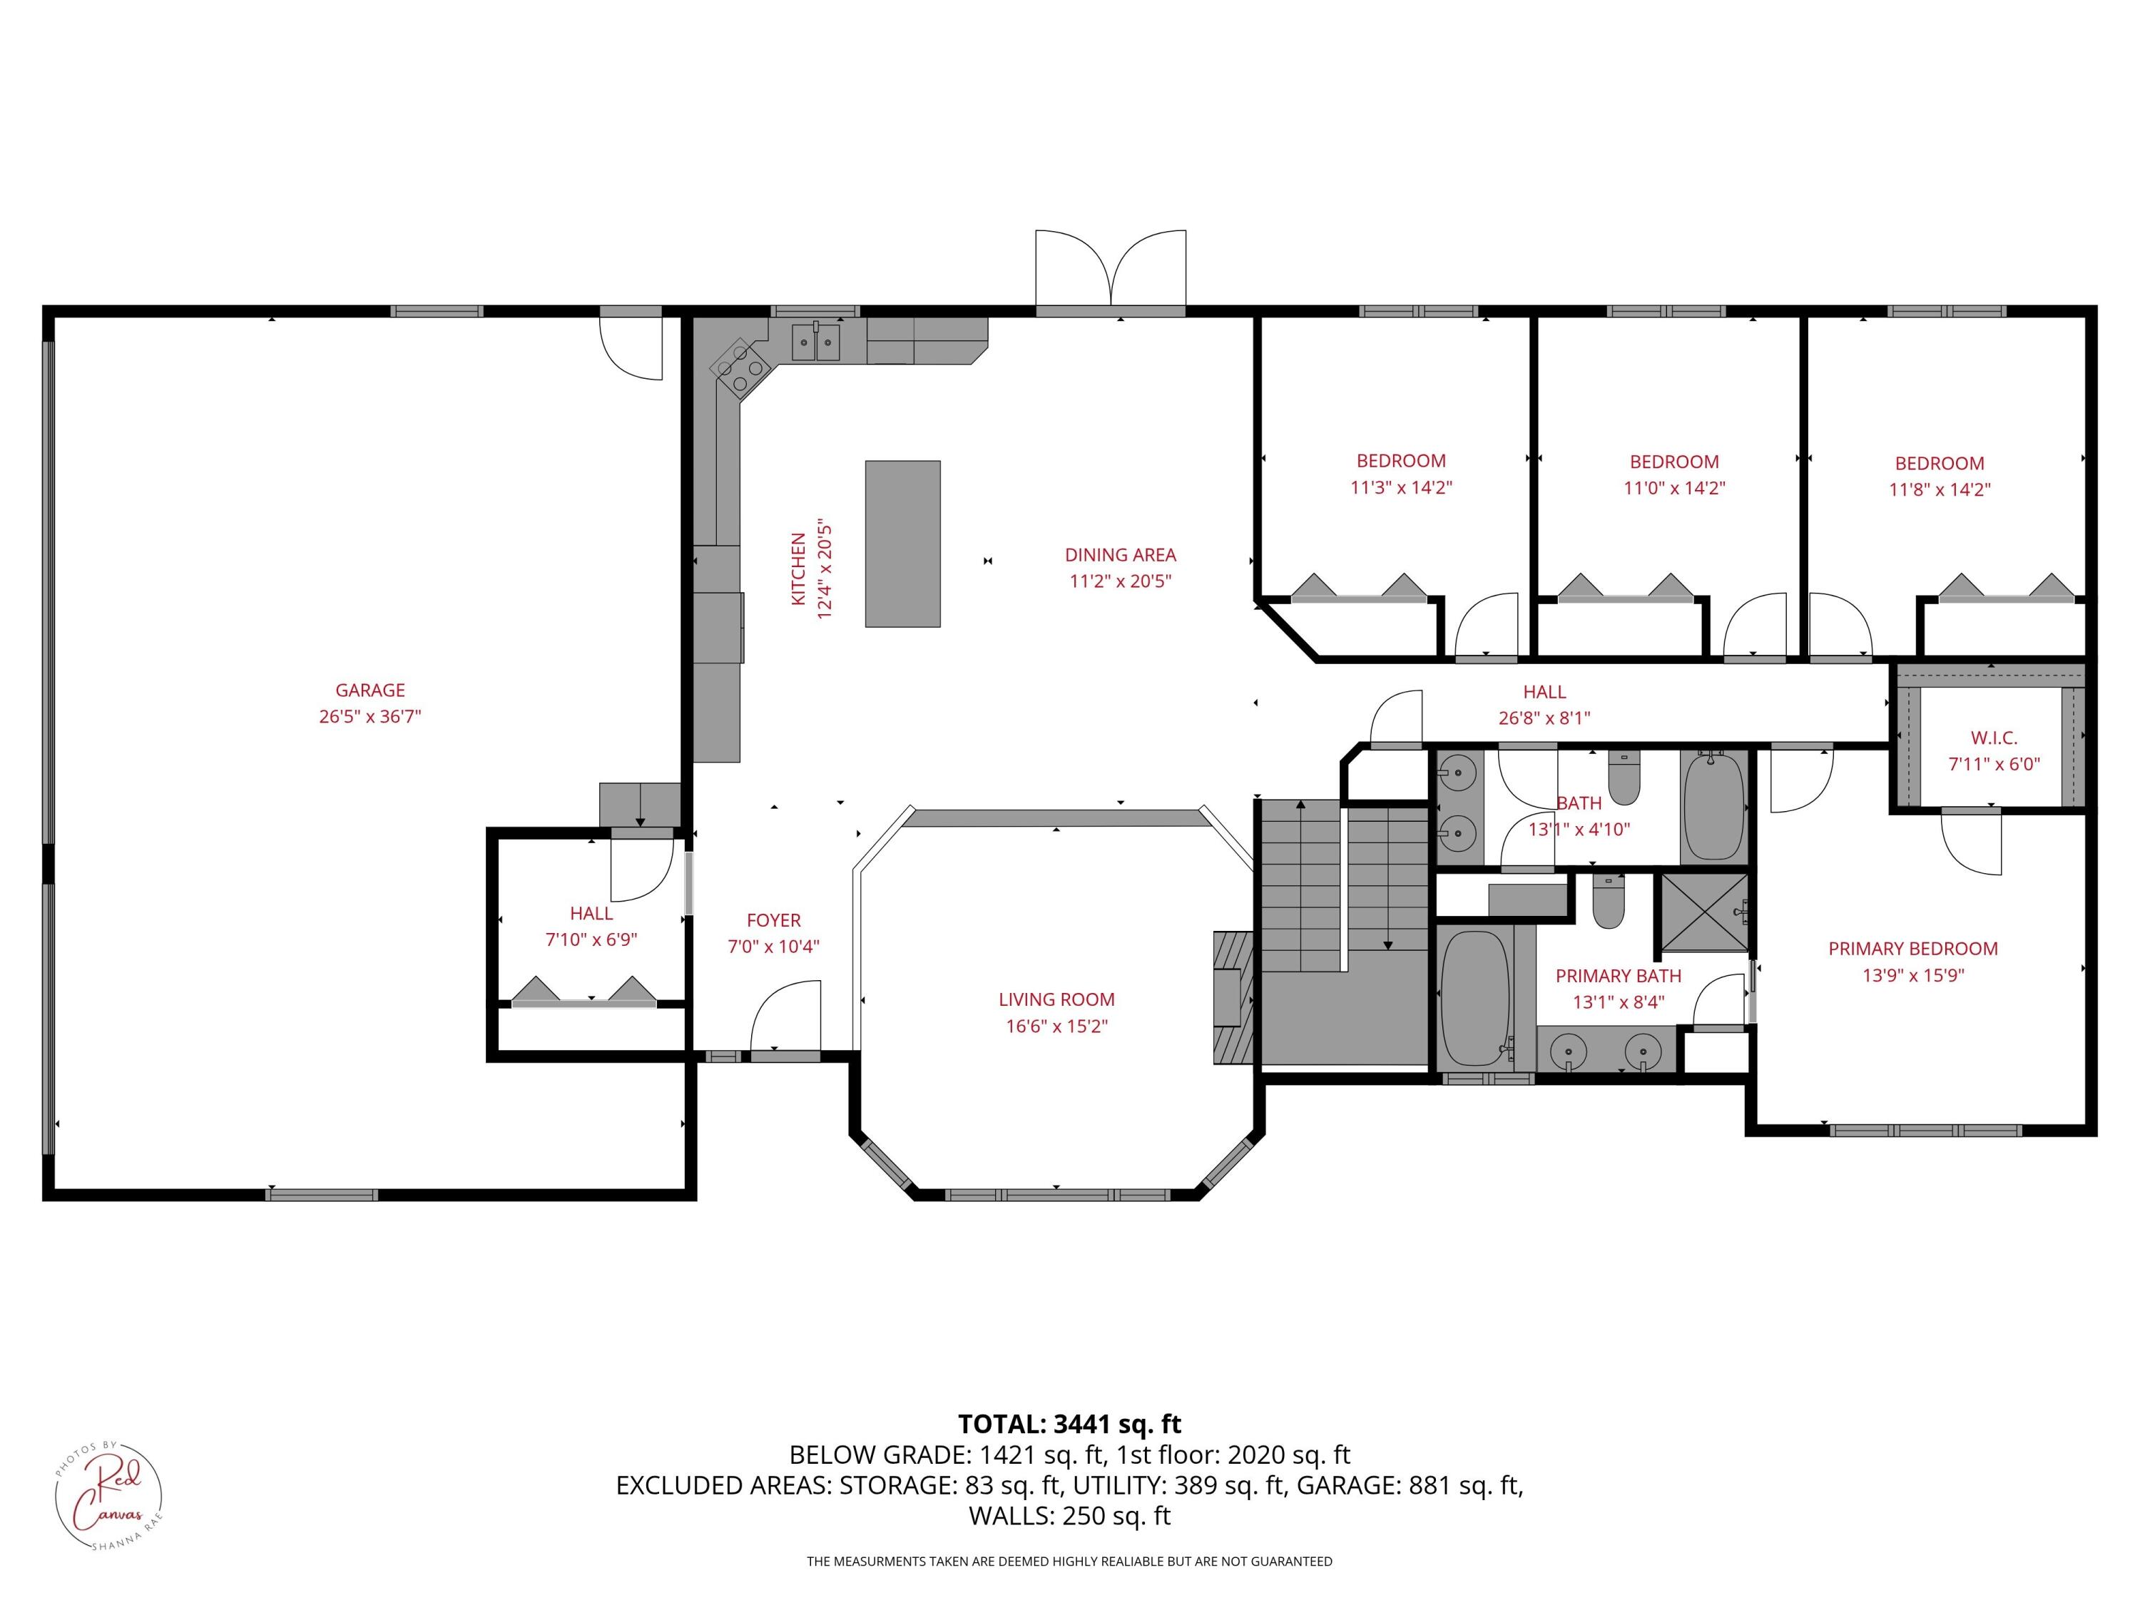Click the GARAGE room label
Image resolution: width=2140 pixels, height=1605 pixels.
pyautogui.click(x=370, y=690)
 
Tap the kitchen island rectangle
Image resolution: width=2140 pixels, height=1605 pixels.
pyautogui.click(x=902, y=544)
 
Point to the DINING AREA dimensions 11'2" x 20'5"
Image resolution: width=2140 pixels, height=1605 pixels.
pyautogui.click(x=1121, y=581)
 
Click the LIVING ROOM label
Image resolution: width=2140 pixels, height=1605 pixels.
pyautogui.click(x=1056, y=999)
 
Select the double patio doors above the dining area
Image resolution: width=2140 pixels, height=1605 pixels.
pyautogui.click(x=1111, y=269)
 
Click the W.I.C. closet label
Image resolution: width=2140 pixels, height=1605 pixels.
pyautogui.click(x=1993, y=737)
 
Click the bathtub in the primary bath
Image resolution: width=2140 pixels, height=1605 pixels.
pyautogui.click(x=1474, y=999)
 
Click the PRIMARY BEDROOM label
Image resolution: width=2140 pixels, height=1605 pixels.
pyautogui.click(x=1912, y=949)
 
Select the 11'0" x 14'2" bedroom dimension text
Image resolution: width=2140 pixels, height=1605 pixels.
pyautogui.click(x=1673, y=489)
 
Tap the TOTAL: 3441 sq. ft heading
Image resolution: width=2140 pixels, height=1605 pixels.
pyautogui.click(x=1069, y=1424)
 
